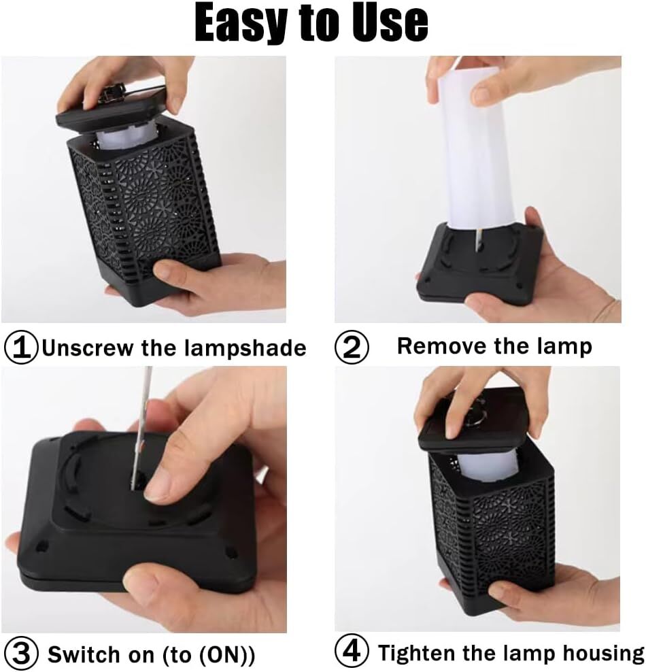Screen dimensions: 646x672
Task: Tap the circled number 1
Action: pos(21,348)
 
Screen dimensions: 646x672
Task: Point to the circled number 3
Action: pos(21,654)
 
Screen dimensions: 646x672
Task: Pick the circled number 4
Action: pos(352,652)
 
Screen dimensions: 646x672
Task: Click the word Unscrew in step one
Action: pos(88,348)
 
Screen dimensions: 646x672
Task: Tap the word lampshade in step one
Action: pos(245,348)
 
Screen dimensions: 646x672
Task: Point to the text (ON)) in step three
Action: pos(227,655)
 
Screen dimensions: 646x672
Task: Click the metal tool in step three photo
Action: pos(141,429)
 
